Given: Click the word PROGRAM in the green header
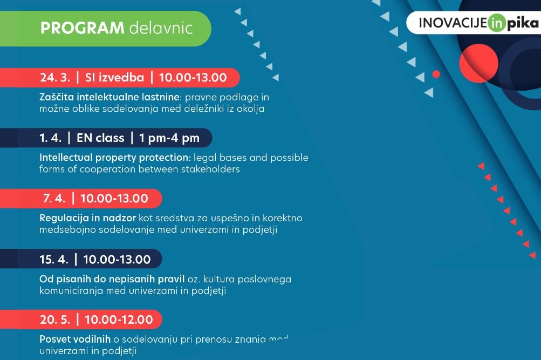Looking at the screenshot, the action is coord(82,28).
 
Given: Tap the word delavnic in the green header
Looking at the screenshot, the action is coord(161,28).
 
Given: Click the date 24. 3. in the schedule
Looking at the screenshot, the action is coord(55,77).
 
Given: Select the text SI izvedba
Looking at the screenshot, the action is coord(114,77).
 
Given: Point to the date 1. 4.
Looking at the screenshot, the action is coord(50,138).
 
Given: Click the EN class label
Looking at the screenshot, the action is coord(100,138).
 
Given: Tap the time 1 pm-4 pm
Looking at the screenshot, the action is coord(169,138).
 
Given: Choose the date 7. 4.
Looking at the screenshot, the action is coord(54,199).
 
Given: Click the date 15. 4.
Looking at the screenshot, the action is coord(54,260).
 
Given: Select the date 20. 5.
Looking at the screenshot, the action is coord(55,320).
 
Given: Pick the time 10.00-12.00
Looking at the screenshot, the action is coord(119,320).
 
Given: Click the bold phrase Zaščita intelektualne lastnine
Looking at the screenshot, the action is coord(109,97).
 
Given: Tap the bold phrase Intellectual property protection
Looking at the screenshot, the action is coord(115,158).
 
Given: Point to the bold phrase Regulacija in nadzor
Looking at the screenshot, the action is coord(87,218).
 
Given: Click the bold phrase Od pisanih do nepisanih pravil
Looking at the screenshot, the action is coord(112,279).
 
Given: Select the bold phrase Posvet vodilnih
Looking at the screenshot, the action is coord(75,339).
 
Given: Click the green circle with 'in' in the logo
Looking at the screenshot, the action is coord(497,23).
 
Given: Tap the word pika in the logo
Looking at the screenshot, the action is coord(522,23).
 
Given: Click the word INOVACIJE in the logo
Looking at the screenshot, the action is coord(453,23).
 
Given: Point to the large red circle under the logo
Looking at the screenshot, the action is coord(478,63).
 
